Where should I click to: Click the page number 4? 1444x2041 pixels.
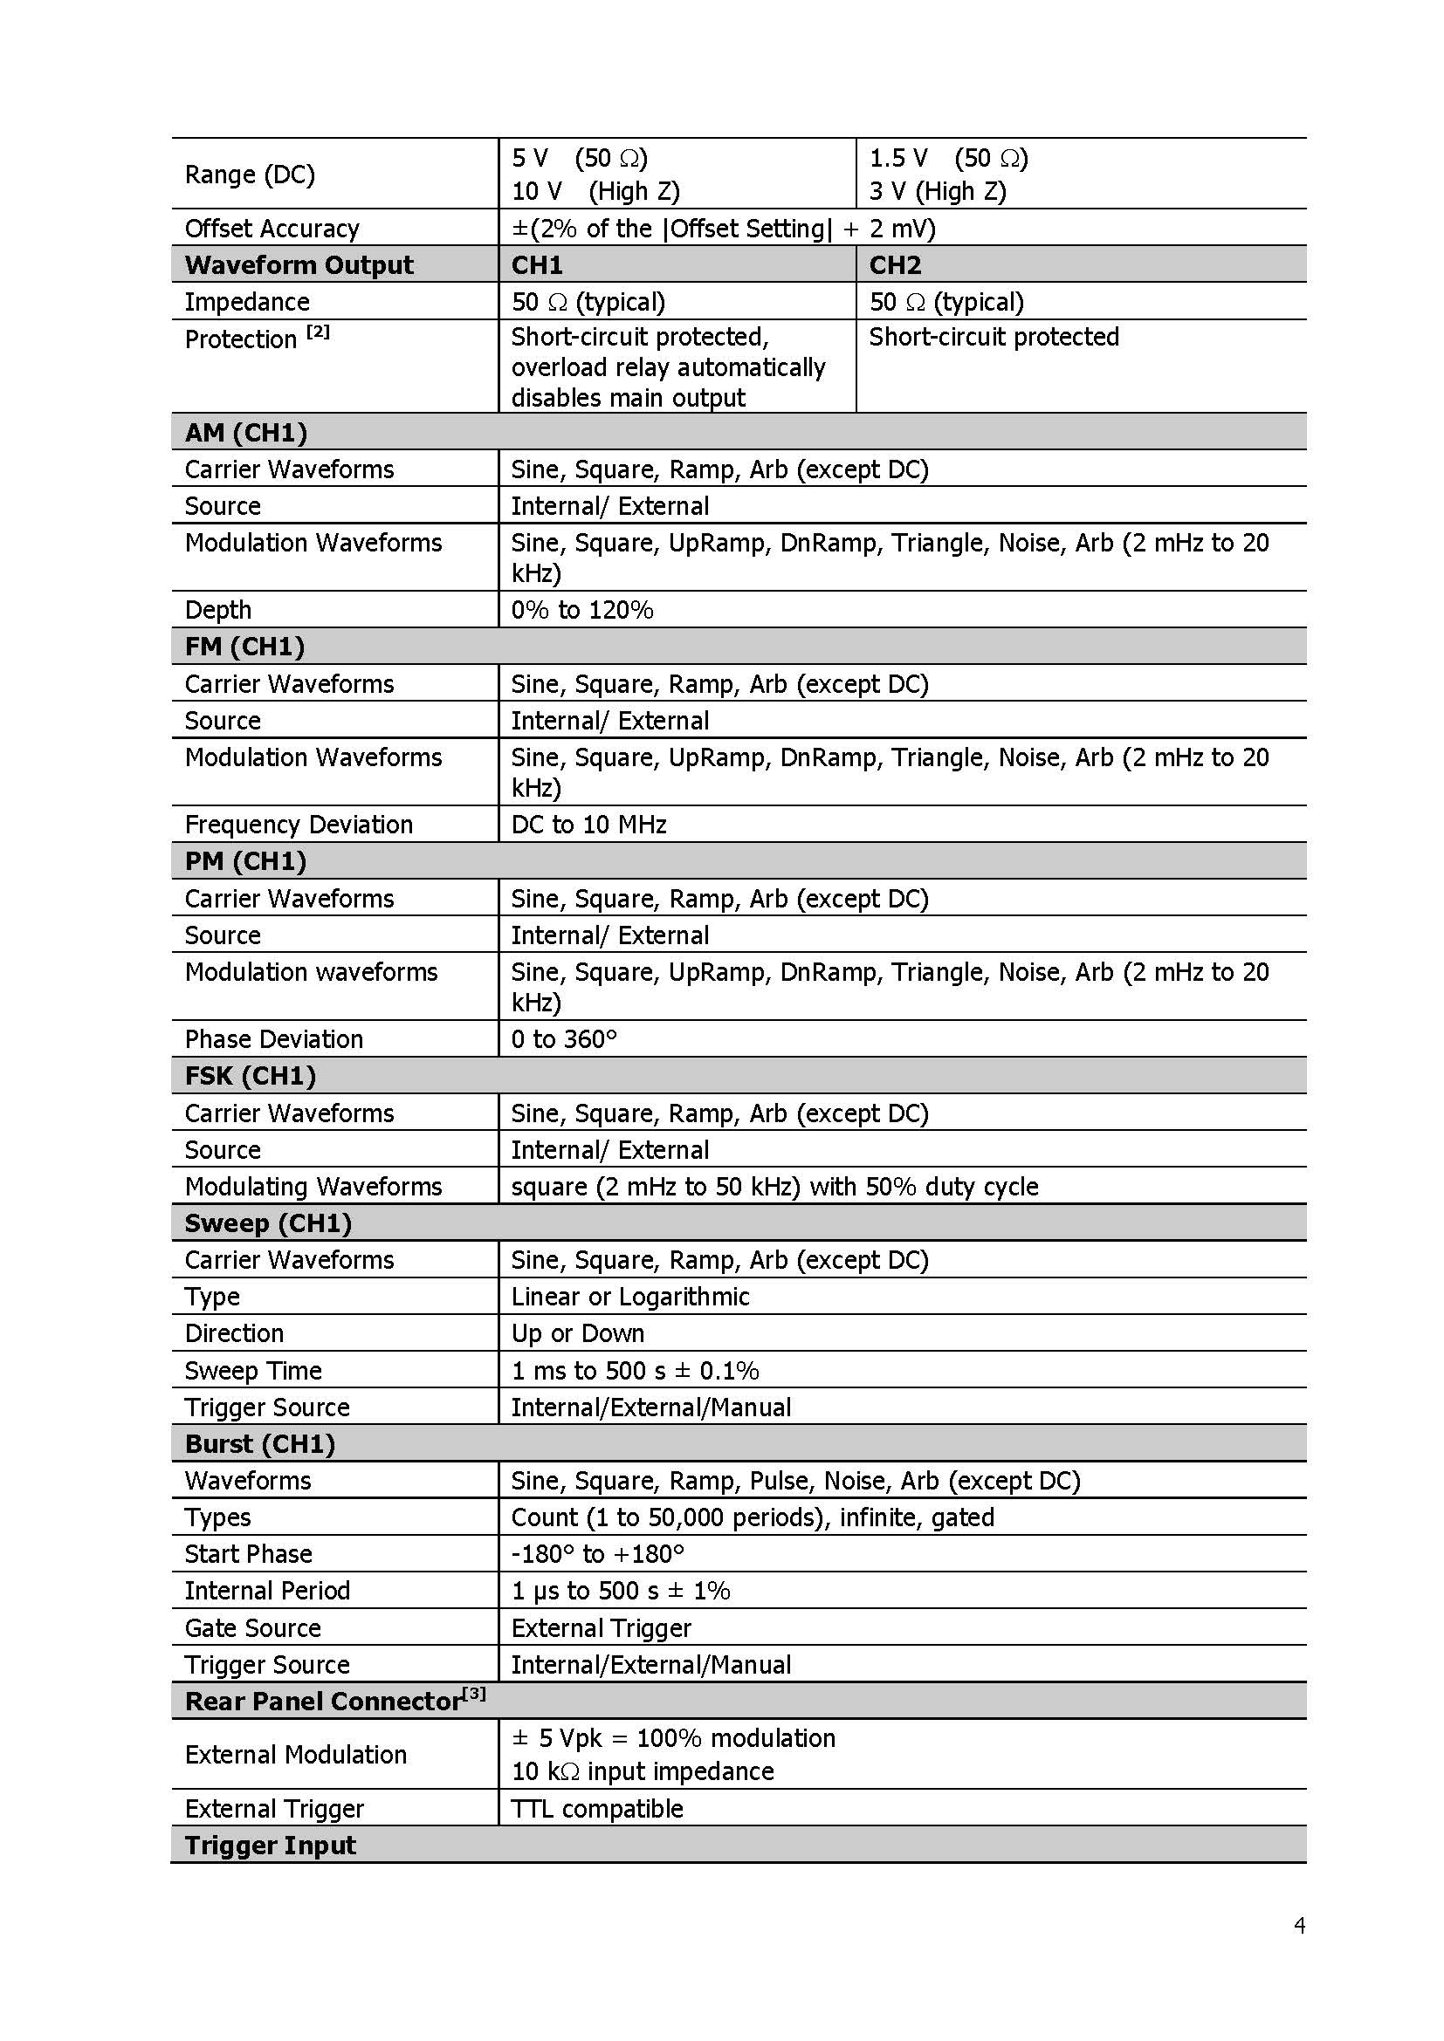[x=1299, y=1927]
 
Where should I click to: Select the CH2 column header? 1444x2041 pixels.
[x=895, y=265]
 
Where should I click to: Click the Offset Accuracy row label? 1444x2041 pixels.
[x=272, y=229]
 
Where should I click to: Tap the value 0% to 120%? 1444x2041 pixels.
[x=581, y=610]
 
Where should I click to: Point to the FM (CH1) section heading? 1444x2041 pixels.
[x=244, y=647]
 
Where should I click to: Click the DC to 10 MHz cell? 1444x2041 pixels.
[x=588, y=825]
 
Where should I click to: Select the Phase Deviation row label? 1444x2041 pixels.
[x=274, y=1039]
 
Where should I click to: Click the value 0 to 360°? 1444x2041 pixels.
[x=564, y=1039]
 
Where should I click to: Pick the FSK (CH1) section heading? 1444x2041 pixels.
[x=250, y=1076]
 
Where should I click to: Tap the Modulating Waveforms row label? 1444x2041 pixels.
[x=313, y=1187]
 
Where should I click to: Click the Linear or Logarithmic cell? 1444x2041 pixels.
[x=629, y=1297]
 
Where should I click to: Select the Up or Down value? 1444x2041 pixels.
[x=577, y=1333]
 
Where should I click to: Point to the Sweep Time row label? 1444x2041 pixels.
[x=253, y=1371]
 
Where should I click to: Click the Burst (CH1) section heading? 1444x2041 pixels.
[x=259, y=1443]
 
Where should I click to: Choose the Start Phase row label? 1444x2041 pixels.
[x=248, y=1554]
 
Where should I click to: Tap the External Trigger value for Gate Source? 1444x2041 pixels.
[x=601, y=1627]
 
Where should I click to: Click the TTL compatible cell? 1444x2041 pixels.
[x=596, y=1809]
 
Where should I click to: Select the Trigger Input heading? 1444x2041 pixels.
[x=271, y=1846]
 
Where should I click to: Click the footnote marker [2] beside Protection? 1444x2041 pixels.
[x=318, y=332]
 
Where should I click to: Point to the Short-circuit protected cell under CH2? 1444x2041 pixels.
[x=994, y=337]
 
